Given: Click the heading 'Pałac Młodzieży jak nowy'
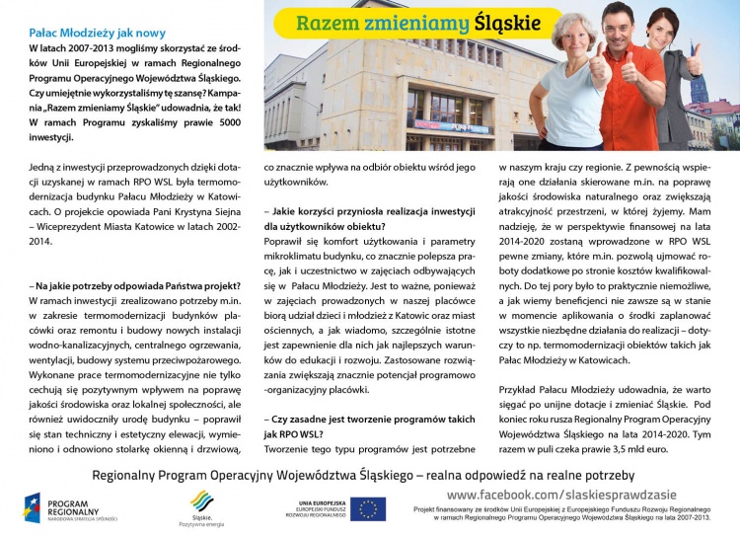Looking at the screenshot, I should tap(98, 34).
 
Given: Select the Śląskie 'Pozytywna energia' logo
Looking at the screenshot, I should tap(201, 506).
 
